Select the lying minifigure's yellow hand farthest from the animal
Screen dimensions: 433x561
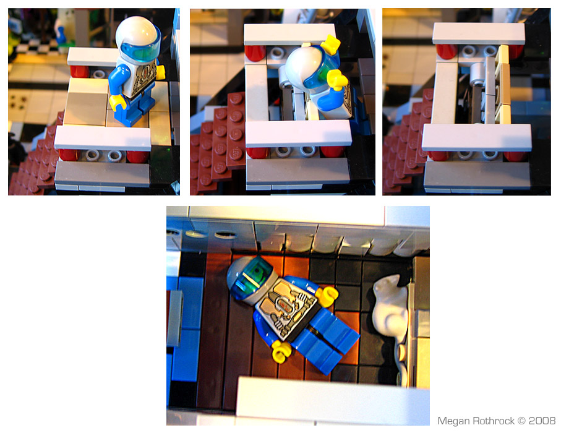pos(281,352)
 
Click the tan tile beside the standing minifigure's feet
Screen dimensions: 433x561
pos(87,102)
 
